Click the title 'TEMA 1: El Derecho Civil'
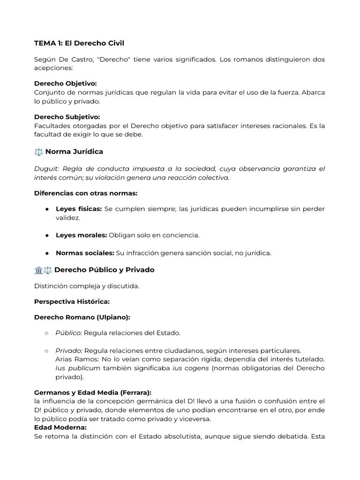tap(79, 43)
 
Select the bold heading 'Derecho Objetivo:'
tap(66, 83)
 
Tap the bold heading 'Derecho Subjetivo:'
tap(67, 117)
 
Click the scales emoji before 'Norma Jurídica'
tap(38, 152)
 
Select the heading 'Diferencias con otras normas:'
tap(86, 193)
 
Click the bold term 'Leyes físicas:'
tap(79, 209)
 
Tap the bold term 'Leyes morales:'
tap(81, 235)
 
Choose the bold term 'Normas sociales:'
tap(85, 253)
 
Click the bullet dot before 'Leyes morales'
tap(47, 235)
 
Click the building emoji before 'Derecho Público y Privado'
tap(38, 270)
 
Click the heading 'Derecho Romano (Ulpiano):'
tap(82, 317)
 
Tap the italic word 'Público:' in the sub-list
tap(68, 333)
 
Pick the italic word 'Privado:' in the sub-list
tap(69, 350)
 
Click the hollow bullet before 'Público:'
tap(47, 333)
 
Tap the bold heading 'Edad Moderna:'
tap(60, 427)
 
